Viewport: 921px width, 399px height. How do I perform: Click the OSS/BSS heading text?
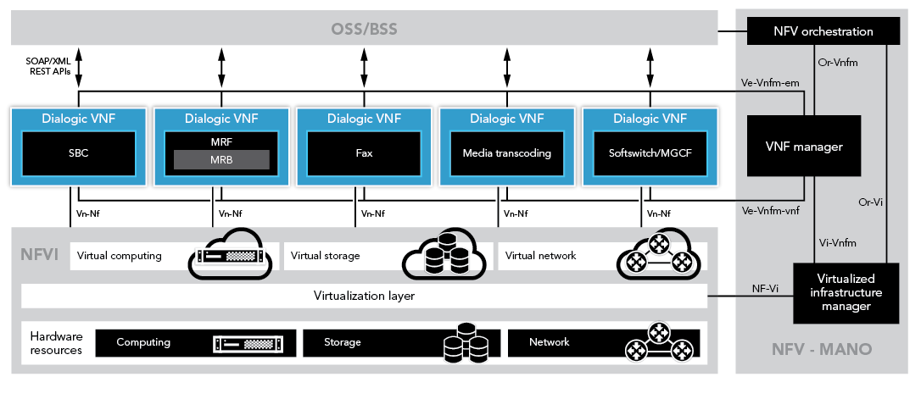[x=365, y=31]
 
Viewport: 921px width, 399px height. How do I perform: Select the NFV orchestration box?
[x=823, y=31]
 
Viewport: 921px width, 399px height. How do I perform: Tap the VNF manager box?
[x=804, y=147]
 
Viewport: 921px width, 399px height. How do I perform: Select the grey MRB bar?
[x=221, y=159]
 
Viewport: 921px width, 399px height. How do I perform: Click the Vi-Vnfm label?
[x=837, y=244]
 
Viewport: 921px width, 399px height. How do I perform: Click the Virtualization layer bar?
[x=364, y=296]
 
